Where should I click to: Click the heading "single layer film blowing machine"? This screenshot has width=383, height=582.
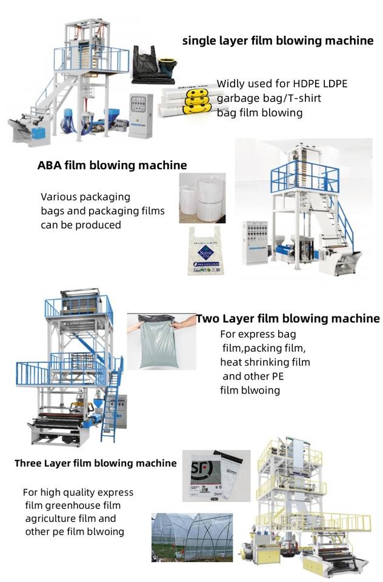278,41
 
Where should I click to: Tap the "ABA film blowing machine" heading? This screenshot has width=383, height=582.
112,165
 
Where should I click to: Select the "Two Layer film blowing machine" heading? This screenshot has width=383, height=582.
288,318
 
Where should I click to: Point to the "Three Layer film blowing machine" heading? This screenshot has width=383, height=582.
96,463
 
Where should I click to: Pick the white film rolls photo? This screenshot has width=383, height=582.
202,197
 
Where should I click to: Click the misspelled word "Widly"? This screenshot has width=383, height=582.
231,84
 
